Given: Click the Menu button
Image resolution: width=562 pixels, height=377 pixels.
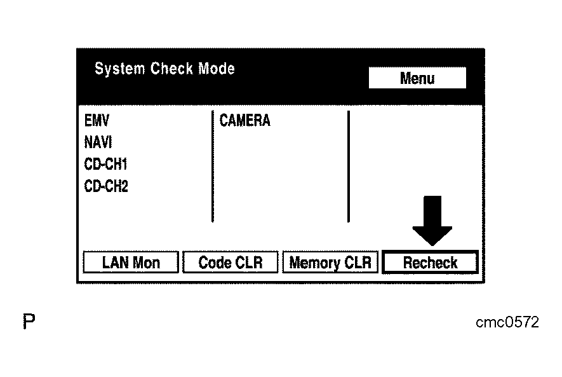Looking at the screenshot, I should click(417, 78).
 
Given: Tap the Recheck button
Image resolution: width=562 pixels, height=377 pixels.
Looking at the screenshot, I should click(430, 263).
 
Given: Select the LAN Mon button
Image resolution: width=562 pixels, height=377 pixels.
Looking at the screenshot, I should click(131, 263).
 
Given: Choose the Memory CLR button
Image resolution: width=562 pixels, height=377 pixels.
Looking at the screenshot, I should click(330, 263).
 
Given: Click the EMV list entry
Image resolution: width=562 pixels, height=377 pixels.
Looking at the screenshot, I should click(97, 121).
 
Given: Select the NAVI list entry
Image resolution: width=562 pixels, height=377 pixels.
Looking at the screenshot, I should click(98, 142).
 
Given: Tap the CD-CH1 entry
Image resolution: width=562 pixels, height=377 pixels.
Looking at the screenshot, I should click(105, 165).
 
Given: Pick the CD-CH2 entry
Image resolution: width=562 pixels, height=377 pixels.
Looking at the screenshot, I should click(106, 186).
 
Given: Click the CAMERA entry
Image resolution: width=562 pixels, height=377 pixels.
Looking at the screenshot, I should click(244, 121).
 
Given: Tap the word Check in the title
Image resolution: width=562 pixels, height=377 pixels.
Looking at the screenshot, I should click(171, 69).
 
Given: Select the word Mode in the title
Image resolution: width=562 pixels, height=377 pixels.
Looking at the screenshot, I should click(216, 69).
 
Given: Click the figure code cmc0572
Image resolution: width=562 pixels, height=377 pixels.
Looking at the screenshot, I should click(507, 323).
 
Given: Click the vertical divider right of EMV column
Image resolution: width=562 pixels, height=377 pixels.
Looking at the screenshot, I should click(212, 167).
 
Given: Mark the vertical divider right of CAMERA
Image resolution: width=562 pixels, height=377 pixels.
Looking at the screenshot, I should click(348, 167).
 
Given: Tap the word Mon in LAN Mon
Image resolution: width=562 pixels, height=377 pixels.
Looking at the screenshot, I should click(146, 263).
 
